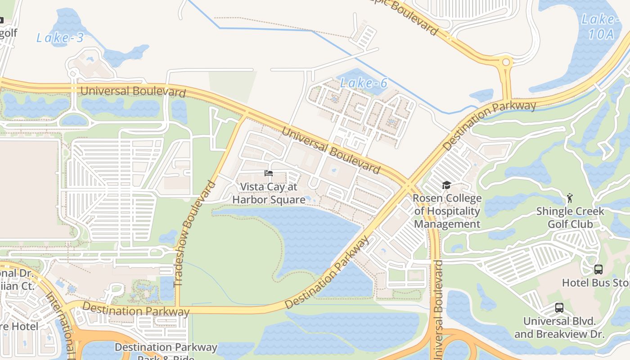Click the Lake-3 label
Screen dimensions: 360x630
[x=60, y=38]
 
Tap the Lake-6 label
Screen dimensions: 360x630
[x=364, y=83]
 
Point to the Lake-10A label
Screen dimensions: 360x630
[x=598, y=27]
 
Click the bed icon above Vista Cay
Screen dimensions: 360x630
[x=269, y=173]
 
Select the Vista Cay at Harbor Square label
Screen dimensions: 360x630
[x=269, y=193]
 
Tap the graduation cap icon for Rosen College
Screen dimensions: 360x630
[x=446, y=185]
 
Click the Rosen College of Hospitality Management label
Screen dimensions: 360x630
[x=447, y=211]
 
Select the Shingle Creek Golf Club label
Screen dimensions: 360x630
[x=570, y=217]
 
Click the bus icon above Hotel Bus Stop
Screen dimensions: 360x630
[x=598, y=270]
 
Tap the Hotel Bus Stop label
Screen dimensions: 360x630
[x=595, y=283]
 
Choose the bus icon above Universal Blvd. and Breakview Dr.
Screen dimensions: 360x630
[x=559, y=308]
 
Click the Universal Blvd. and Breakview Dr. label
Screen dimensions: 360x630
[x=559, y=328]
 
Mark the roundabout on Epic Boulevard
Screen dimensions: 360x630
[x=506, y=62]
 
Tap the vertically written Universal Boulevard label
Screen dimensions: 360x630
[x=438, y=310]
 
